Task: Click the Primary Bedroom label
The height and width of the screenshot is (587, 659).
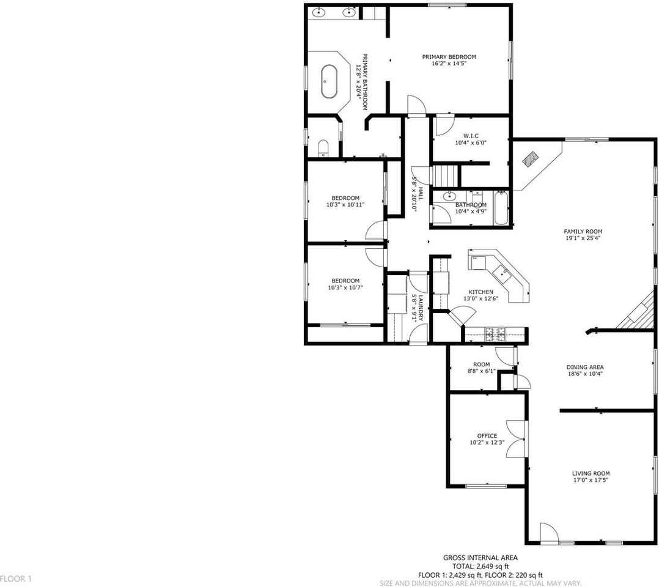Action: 449,57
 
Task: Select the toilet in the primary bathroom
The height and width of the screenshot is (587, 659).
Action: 324,147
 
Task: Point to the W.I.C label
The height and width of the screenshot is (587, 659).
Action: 470,136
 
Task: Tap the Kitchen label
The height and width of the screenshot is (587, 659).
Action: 480,292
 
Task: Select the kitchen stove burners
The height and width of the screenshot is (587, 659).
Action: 495,333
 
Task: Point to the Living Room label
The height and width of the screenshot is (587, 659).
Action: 591,473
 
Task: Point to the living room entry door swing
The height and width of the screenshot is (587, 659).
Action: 548,533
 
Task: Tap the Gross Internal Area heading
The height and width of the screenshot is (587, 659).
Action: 480,558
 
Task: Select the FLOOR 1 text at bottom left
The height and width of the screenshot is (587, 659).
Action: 16,578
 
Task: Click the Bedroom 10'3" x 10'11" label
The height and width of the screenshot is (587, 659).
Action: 345,198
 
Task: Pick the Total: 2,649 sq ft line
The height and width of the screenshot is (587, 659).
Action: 480,567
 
